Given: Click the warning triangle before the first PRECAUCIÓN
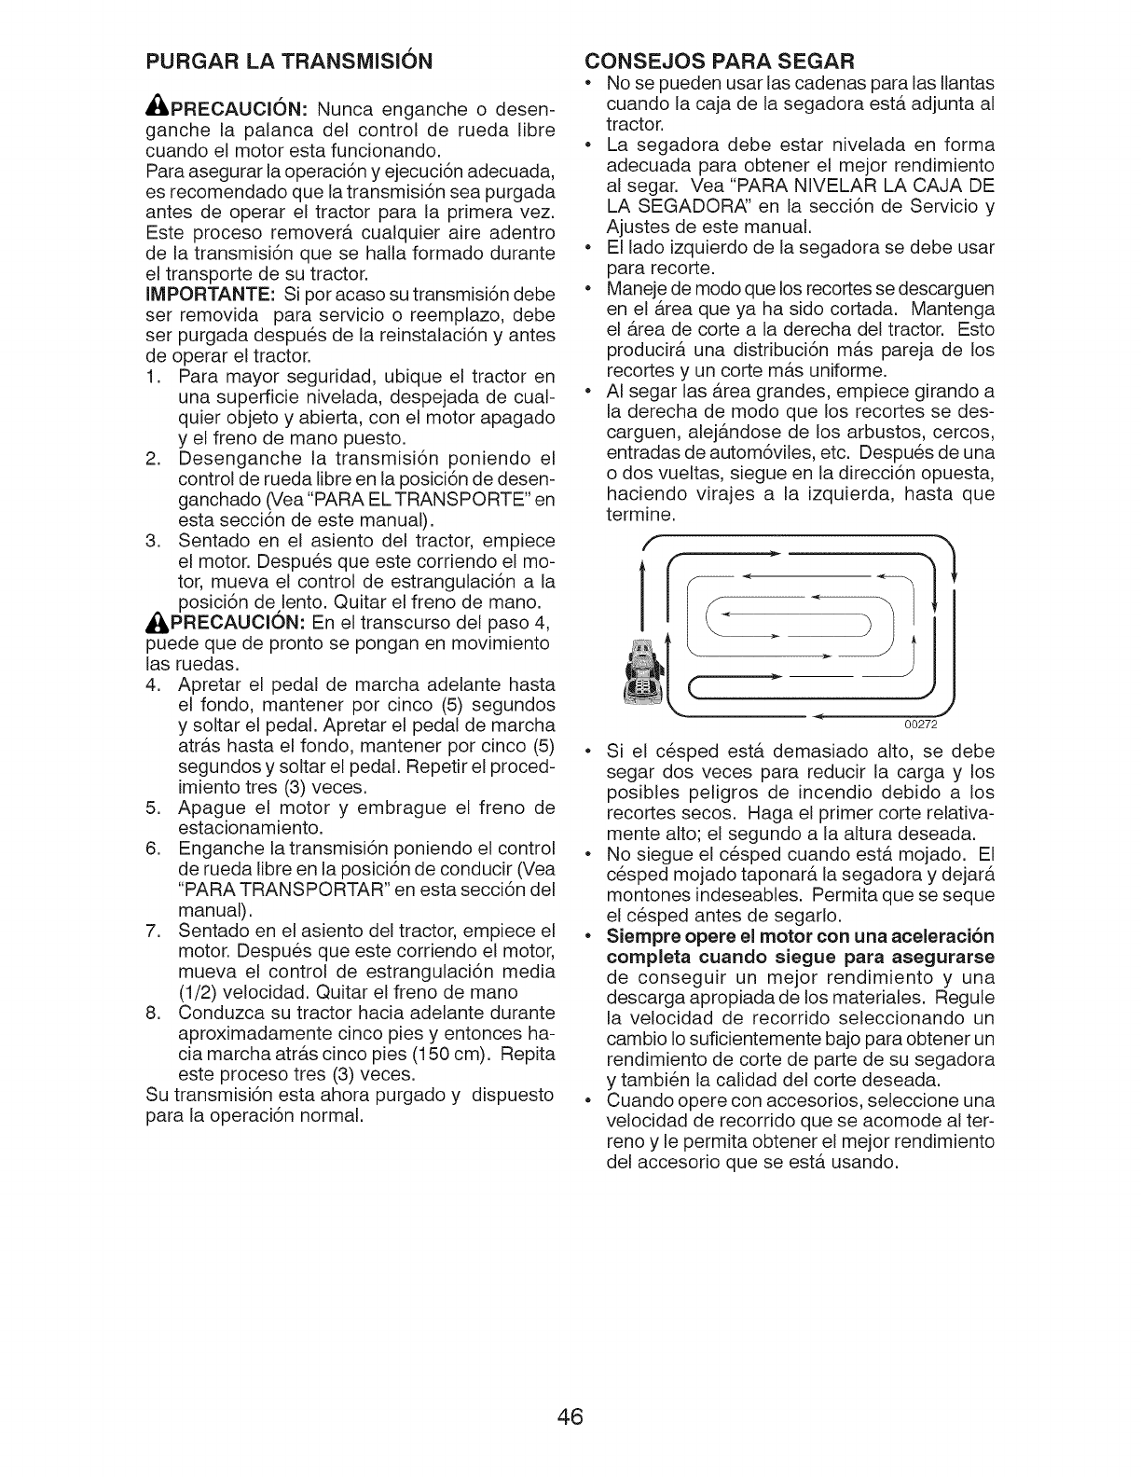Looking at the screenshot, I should pyautogui.click(x=158, y=107).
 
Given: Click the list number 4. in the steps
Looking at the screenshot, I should pyautogui.click(x=155, y=684).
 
